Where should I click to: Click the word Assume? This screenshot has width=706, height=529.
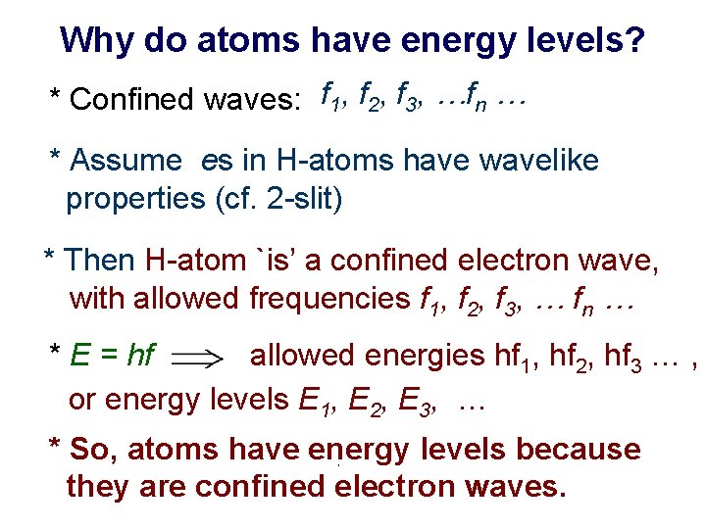coord(126,160)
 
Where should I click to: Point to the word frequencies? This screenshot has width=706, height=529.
coord(328,298)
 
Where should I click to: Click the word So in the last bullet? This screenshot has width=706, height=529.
coord(89,450)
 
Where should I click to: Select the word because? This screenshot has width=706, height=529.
coord(578,450)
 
